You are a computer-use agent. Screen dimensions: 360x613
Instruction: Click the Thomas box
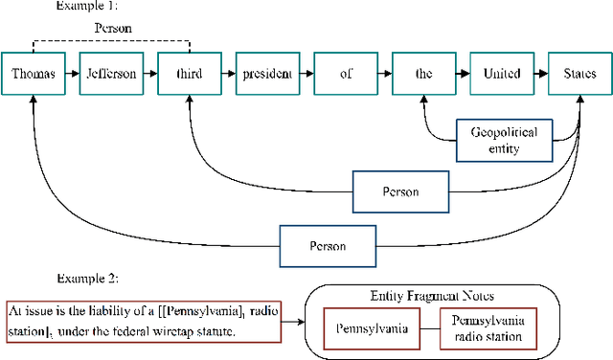[33, 74]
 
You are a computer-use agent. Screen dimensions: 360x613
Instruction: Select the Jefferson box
[111, 74]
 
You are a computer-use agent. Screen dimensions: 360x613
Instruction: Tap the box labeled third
[189, 74]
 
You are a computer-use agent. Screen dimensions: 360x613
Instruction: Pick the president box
[267, 74]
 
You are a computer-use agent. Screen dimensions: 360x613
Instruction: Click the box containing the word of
[345, 74]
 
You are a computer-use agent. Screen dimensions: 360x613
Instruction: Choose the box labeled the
[422, 74]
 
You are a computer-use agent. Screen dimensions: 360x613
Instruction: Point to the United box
[501, 74]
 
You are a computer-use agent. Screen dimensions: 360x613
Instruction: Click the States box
[579, 74]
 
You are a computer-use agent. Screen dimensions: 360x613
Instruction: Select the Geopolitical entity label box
[506, 140]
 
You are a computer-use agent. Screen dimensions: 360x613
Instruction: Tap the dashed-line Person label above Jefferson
[112, 29]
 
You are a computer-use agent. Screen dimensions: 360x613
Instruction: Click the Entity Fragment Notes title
[434, 298]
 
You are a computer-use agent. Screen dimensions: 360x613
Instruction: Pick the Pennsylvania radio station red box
[488, 327]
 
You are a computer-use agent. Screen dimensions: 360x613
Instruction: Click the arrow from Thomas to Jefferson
[72, 74]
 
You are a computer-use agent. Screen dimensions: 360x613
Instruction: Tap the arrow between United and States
[540, 74]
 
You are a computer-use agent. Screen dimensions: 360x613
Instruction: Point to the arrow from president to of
[306, 74]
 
